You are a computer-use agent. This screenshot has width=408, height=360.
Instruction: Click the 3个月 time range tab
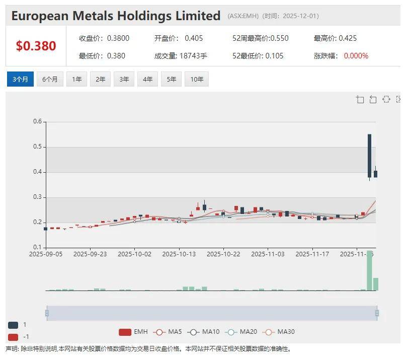(20, 80)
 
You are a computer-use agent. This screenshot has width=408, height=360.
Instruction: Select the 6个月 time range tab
(50, 80)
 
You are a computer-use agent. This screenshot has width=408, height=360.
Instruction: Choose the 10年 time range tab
(197, 80)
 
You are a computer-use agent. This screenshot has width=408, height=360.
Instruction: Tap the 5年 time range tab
(172, 80)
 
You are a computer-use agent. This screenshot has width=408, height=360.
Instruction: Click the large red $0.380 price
(36, 46)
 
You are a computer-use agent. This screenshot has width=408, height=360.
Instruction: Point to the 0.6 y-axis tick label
(37, 121)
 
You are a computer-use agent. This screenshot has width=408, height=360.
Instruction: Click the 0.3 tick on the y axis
(37, 197)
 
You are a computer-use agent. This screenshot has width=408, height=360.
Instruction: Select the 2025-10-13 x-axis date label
(179, 254)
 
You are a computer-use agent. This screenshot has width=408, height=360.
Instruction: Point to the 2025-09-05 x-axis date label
(46, 254)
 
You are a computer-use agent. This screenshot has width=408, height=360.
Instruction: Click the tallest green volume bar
(369, 270)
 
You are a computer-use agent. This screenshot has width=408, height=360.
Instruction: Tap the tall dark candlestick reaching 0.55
(369, 155)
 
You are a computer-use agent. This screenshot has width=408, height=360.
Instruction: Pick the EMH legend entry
(133, 332)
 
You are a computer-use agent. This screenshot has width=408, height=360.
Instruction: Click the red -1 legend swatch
(13, 337)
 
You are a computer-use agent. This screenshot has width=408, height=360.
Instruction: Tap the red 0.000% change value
(356, 56)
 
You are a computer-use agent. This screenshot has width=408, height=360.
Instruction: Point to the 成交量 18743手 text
(181, 56)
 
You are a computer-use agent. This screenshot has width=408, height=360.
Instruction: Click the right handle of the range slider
(377, 313)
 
